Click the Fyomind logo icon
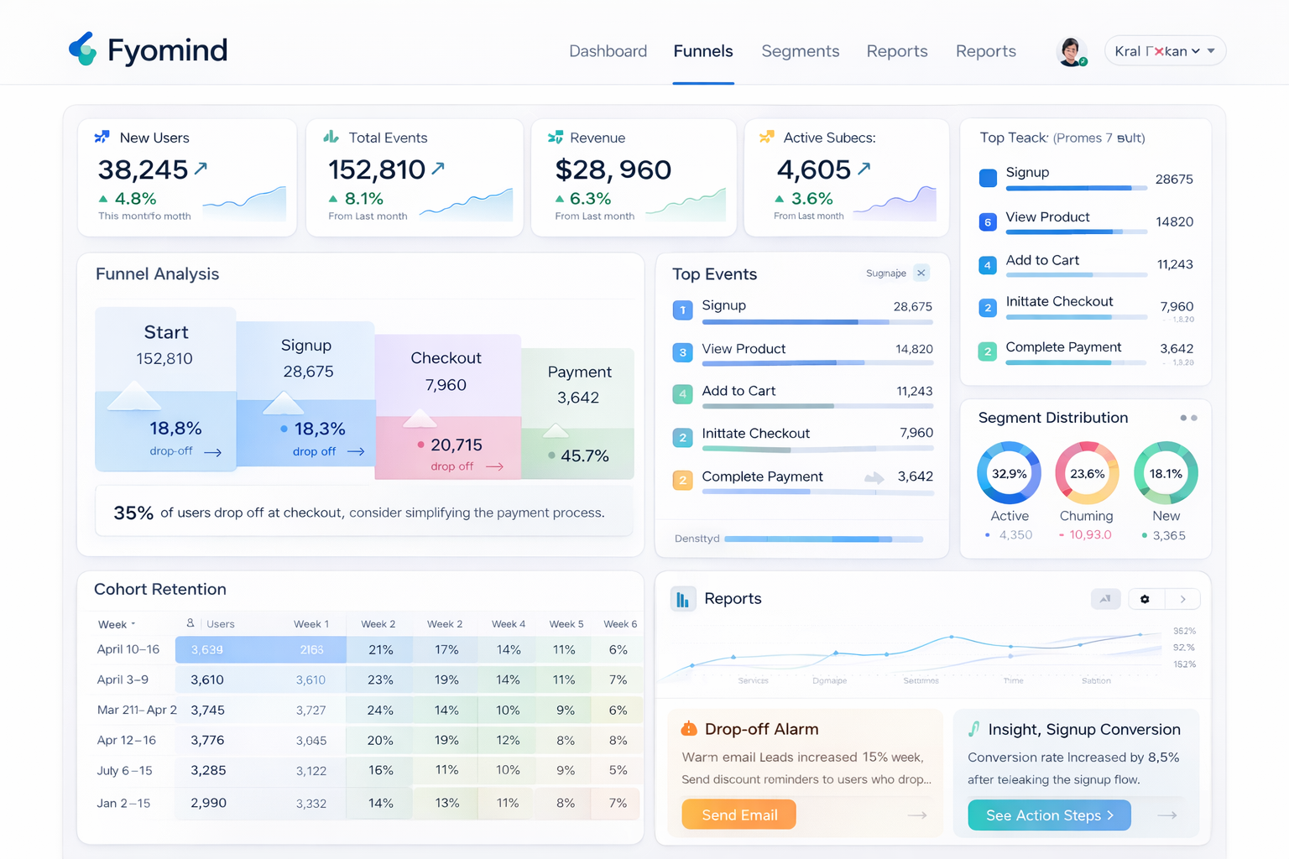tap(82, 49)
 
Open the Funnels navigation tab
tap(702, 51)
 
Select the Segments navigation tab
tap(800, 51)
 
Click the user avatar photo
tap(1070, 51)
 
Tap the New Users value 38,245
tap(143, 170)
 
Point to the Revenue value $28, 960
tap(613, 170)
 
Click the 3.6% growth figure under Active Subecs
tap(811, 199)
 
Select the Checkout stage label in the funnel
tap(446, 358)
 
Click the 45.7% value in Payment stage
tap(584, 456)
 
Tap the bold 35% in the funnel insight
tap(133, 513)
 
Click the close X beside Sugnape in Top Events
tap(921, 273)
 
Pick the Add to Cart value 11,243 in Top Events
tap(914, 391)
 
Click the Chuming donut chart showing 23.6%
tap(1086, 473)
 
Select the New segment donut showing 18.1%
tap(1166, 473)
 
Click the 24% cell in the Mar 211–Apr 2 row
tap(380, 710)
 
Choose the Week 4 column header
tap(509, 624)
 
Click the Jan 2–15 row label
tap(123, 803)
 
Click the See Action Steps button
tap(1049, 815)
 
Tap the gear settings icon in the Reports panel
tap(1145, 599)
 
